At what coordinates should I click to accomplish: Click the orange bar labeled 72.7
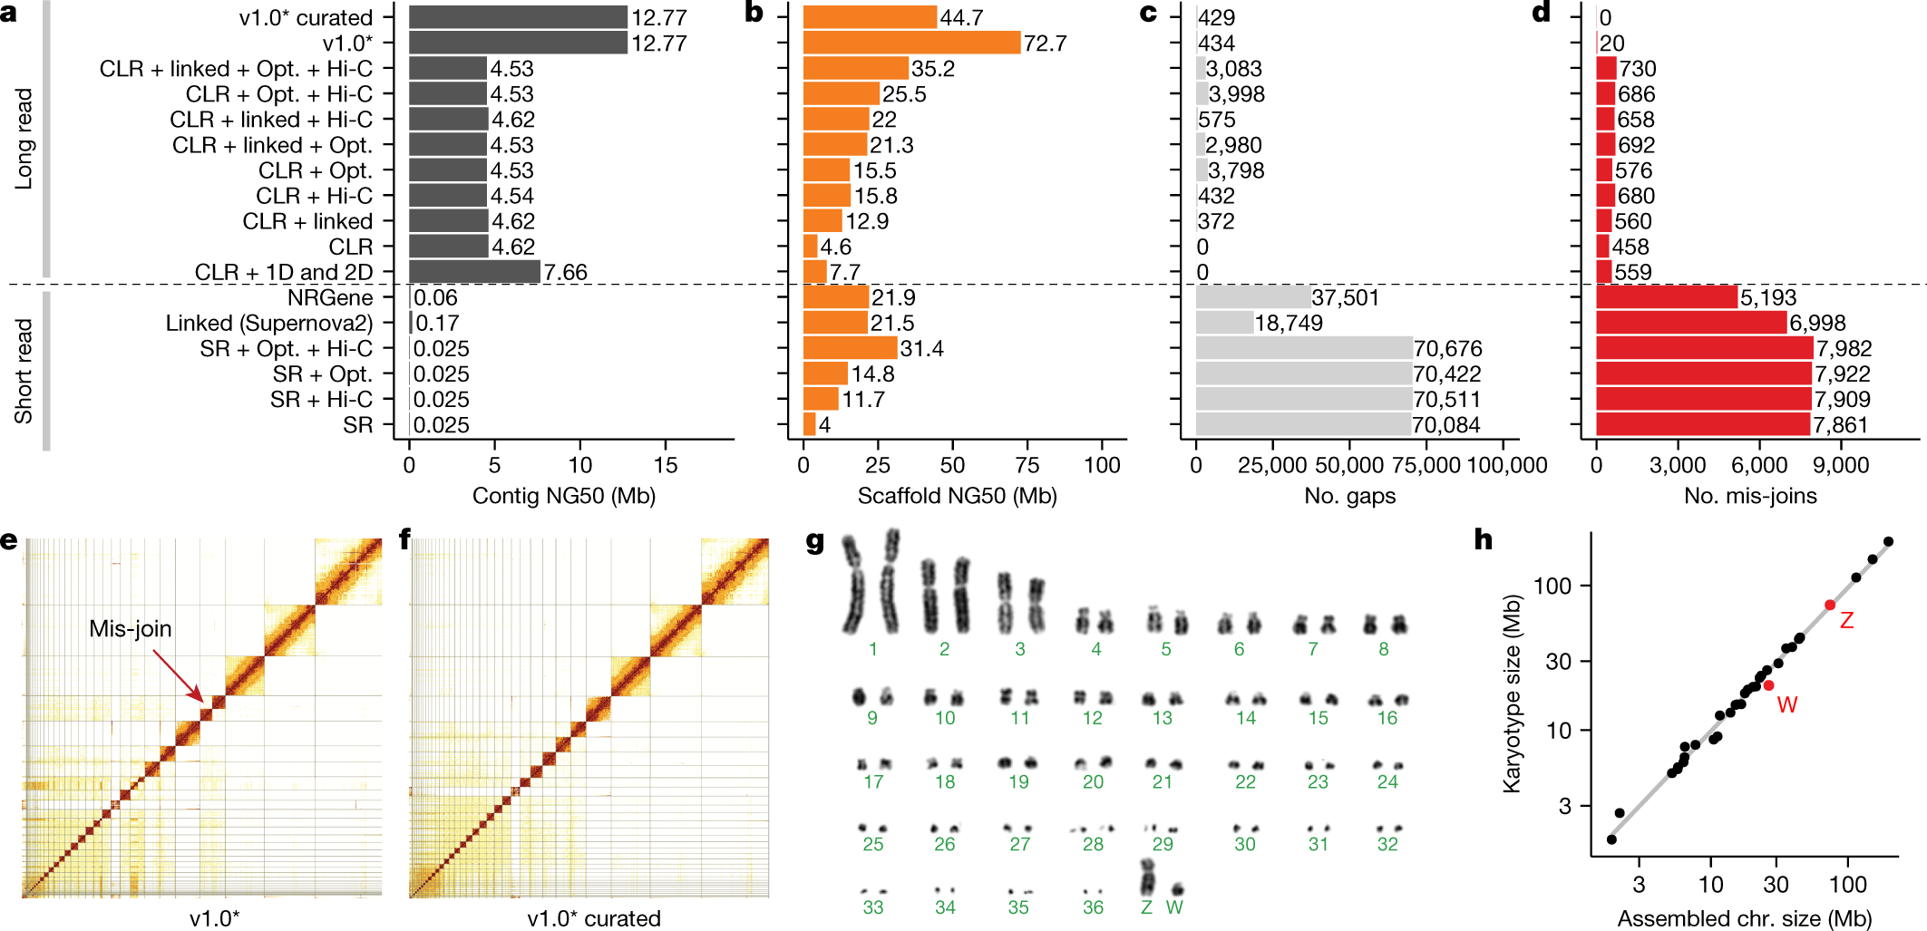pyautogui.click(x=911, y=43)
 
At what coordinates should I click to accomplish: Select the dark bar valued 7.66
pyautogui.click(x=474, y=272)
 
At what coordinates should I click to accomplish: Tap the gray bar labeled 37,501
pyautogui.click(x=1252, y=297)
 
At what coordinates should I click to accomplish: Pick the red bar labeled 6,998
pyautogui.click(x=1690, y=323)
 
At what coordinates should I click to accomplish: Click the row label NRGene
pyautogui.click(x=330, y=298)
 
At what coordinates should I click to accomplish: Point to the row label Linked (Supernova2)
pyautogui.click(x=268, y=324)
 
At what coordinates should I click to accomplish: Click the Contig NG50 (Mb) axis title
pyautogui.click(x=563, y=496)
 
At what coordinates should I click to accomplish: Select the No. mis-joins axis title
pyautogui.click(x=1750, y=496)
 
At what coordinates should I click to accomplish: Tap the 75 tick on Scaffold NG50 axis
pyautogui.click(x=1027, y=465)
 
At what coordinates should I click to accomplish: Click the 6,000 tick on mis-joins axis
pyautogui.click(x=1759, y=465)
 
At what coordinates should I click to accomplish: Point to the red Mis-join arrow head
pyautogui.click(x=202, y=699)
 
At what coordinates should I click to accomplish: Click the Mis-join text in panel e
pyautogui.click(x=130, y=628)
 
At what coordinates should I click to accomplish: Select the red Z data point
pyautogui.click(x=1830, y=605)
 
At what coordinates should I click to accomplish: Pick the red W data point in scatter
pyautogui.click(x=1768, y=685)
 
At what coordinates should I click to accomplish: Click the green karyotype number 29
pyautogui.click(x=1163, y=845)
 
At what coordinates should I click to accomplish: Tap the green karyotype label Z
pyautogui.click(x=1146, y=907)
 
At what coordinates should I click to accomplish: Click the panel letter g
pyautogui.click(x=814, y=541)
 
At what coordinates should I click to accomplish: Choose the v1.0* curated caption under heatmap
pyautogui.click(x=594, y=918)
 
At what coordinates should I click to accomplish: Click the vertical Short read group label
pyautogui.click(x=24, y=371)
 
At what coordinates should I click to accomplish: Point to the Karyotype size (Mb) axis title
pyautogui.click(x=1512, y=693)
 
